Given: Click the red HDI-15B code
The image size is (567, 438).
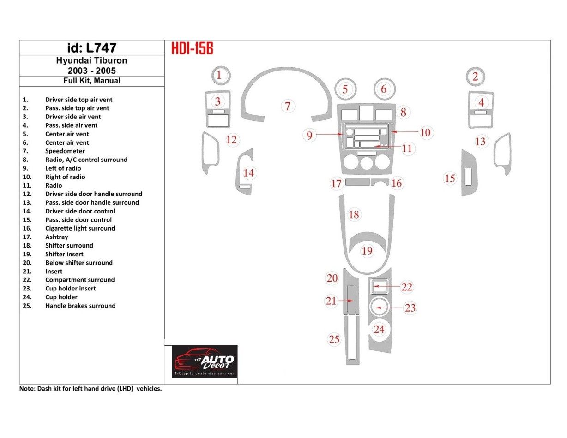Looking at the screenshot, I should (x=192, y=48).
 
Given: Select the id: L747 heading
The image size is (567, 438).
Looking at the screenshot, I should (x=91, y=48).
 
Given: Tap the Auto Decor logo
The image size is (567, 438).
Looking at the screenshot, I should (x=205, y=361).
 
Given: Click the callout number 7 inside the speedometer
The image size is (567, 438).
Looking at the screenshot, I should (x=287, y=107).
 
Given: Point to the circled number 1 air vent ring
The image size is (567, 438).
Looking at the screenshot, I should (x=220, y=75).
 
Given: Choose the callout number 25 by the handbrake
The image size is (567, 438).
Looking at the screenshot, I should (x=334, y=340).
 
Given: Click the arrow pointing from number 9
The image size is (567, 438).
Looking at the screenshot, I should (x=330, y=134).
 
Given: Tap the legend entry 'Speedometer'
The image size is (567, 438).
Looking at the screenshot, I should (x=65, y=151).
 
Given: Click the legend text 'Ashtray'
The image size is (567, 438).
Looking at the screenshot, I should (x=56, y=237).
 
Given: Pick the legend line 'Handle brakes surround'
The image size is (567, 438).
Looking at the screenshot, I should (x=80, y=306).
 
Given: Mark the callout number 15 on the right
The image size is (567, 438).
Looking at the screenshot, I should (x=450, y=178).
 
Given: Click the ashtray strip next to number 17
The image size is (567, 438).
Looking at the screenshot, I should (x=357, y=183).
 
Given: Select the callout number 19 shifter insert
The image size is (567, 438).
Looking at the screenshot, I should (x=367, y=251).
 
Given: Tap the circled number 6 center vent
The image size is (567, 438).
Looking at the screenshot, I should (x=384, y=89).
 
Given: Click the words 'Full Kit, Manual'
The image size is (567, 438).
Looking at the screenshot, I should (x=91, y=81).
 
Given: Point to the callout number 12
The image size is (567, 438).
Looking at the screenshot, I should (x=231, y=140).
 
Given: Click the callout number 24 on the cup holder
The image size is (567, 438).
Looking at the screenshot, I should (x=379, y=329).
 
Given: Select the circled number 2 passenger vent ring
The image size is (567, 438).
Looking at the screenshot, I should (x=475, y=77).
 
